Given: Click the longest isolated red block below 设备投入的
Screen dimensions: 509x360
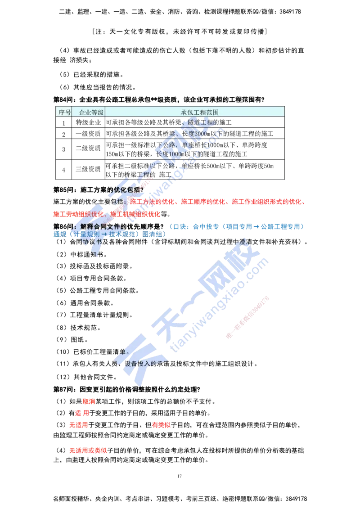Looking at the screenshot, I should click(x=88, y=450).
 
